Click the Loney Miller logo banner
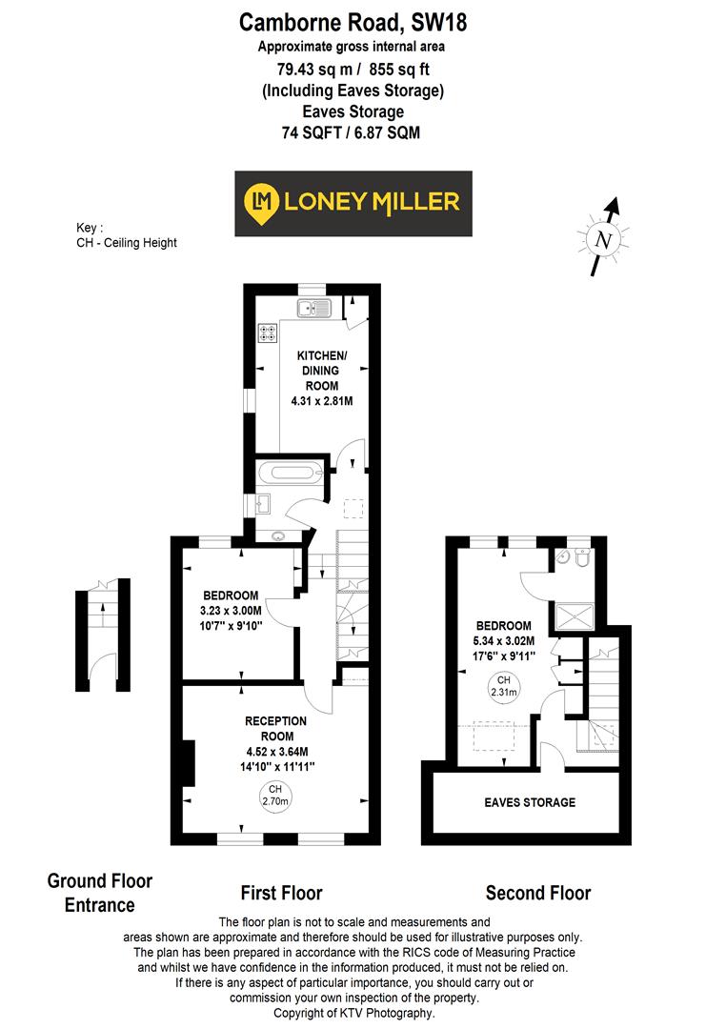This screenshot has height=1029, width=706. pos(353,203)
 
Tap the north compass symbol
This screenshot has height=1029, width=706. pos(602,239)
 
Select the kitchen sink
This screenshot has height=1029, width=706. pos(313,307)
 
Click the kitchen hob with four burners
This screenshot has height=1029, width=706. pos(267,333)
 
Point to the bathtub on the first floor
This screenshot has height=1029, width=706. pos(291,472)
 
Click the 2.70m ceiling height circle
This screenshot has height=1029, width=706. pos(274,795)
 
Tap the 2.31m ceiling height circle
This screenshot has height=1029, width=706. pos(502,687)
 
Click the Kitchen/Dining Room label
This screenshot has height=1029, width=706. pos(321,378)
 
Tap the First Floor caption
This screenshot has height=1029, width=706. pos(280,893)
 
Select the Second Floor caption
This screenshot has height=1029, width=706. pos(537,893)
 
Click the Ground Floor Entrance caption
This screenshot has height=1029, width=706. pos(99,893)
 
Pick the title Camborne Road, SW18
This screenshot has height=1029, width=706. pos(353,21)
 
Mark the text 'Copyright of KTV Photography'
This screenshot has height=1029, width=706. pos(353,1013)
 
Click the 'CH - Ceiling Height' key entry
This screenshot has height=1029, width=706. pos(127,243)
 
